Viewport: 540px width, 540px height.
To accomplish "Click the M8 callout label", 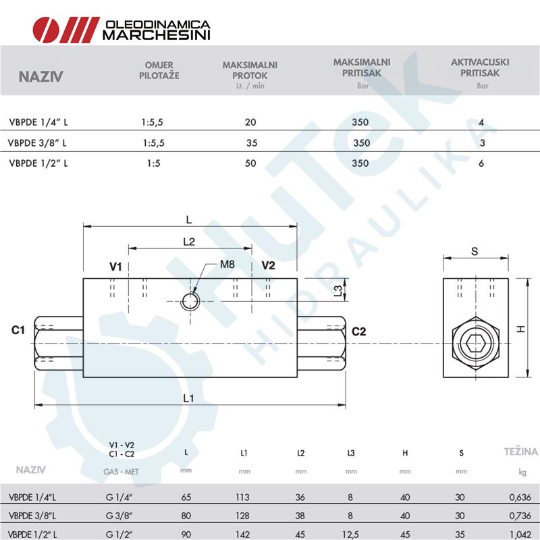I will click(227, 265).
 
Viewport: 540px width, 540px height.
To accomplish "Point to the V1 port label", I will click(115, 267).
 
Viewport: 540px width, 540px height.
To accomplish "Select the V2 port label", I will click(268, 265).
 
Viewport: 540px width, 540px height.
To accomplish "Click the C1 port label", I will click(19, 331).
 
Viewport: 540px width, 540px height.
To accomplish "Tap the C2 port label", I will click(358, 331).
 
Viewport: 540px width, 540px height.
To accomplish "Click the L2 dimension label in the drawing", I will click(188, 241).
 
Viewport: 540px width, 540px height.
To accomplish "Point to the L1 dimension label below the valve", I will click(188, 398).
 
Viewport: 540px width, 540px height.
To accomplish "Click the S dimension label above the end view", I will click(475, 251).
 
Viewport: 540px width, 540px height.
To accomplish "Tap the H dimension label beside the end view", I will click(520, 329).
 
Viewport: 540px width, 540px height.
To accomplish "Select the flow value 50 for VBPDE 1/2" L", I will click(250, 163).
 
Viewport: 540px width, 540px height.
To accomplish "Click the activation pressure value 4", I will click(481, 123).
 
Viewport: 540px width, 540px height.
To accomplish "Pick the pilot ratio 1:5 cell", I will click(153, 163).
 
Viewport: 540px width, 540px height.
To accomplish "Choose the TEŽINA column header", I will click(521, 452).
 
